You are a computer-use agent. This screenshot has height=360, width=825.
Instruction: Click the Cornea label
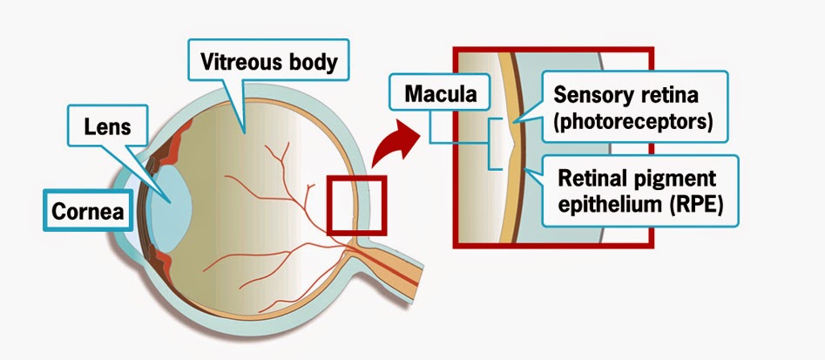88,210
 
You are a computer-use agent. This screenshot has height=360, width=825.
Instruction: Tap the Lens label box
107,126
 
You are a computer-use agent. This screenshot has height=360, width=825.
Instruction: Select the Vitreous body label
268,60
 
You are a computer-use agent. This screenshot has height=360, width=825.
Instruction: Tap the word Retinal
591,178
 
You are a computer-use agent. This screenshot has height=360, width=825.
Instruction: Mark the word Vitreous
239,61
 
